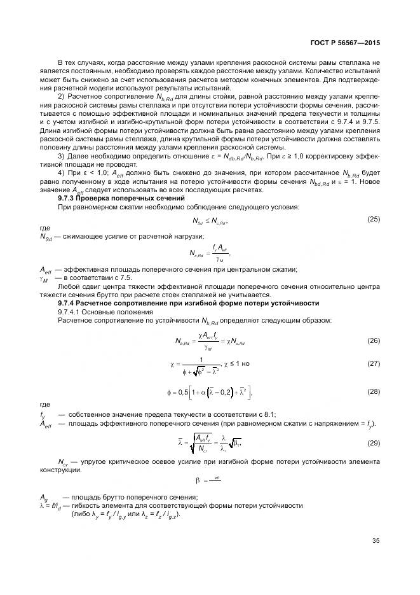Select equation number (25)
374,219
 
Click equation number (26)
374,341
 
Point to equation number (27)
374,363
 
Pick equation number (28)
374,391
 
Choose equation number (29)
374,442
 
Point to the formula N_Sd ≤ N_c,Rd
210,221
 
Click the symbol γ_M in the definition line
44,278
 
